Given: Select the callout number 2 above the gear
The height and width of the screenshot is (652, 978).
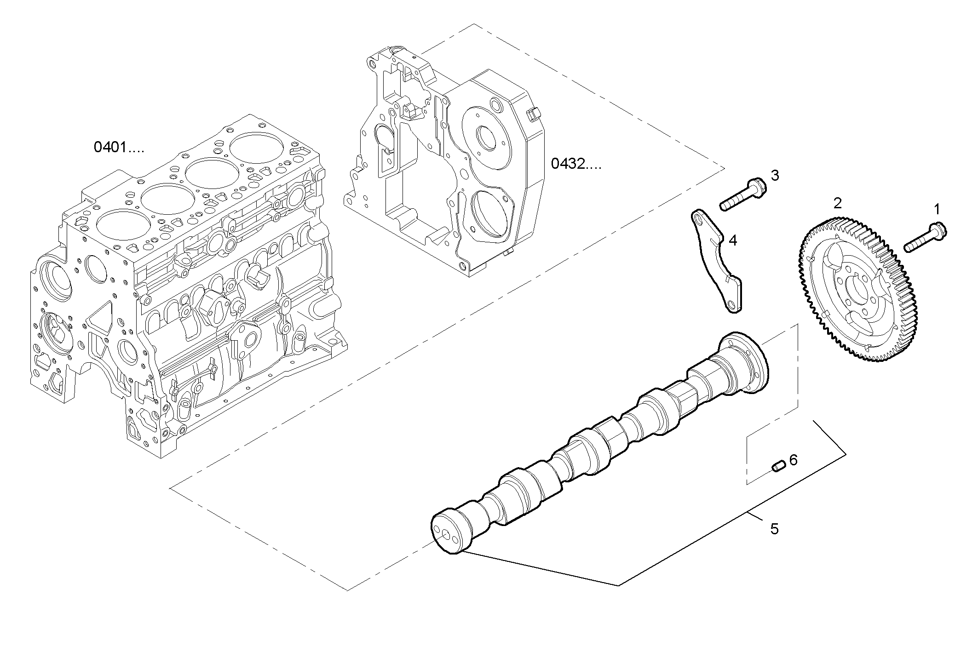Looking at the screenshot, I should point(838,203).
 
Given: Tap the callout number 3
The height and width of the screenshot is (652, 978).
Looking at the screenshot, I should point(775,175).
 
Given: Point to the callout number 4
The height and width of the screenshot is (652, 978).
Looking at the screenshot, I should point(733,240).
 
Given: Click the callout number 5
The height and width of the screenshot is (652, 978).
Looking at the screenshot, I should point(775,529).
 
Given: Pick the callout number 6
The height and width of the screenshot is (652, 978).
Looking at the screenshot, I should point(794,460).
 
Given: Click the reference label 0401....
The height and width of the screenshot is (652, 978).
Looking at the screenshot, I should point(119,147).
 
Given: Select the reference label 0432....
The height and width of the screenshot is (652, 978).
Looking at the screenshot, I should point(576,164).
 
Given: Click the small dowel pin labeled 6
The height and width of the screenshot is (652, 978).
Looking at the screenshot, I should point(777,467).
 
